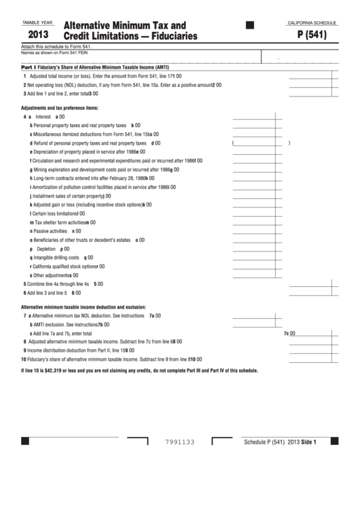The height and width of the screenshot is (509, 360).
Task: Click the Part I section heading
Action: point(27,67)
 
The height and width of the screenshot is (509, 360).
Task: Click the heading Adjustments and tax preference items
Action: point(60,108)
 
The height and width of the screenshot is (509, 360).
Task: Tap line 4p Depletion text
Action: point(46,249)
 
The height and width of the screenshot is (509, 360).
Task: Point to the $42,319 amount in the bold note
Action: point(57,370)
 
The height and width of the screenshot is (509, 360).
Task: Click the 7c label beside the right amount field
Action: point(286,334)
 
